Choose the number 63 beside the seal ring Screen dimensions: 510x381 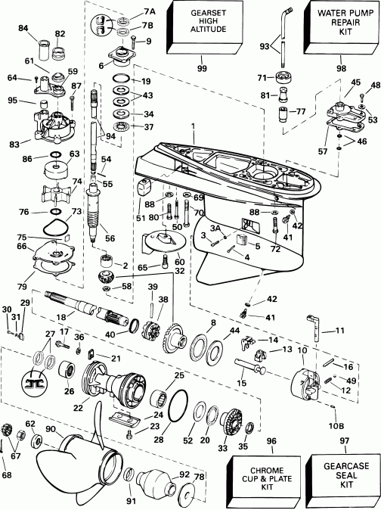coord(74,154)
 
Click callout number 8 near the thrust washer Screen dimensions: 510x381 coord(214,323)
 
